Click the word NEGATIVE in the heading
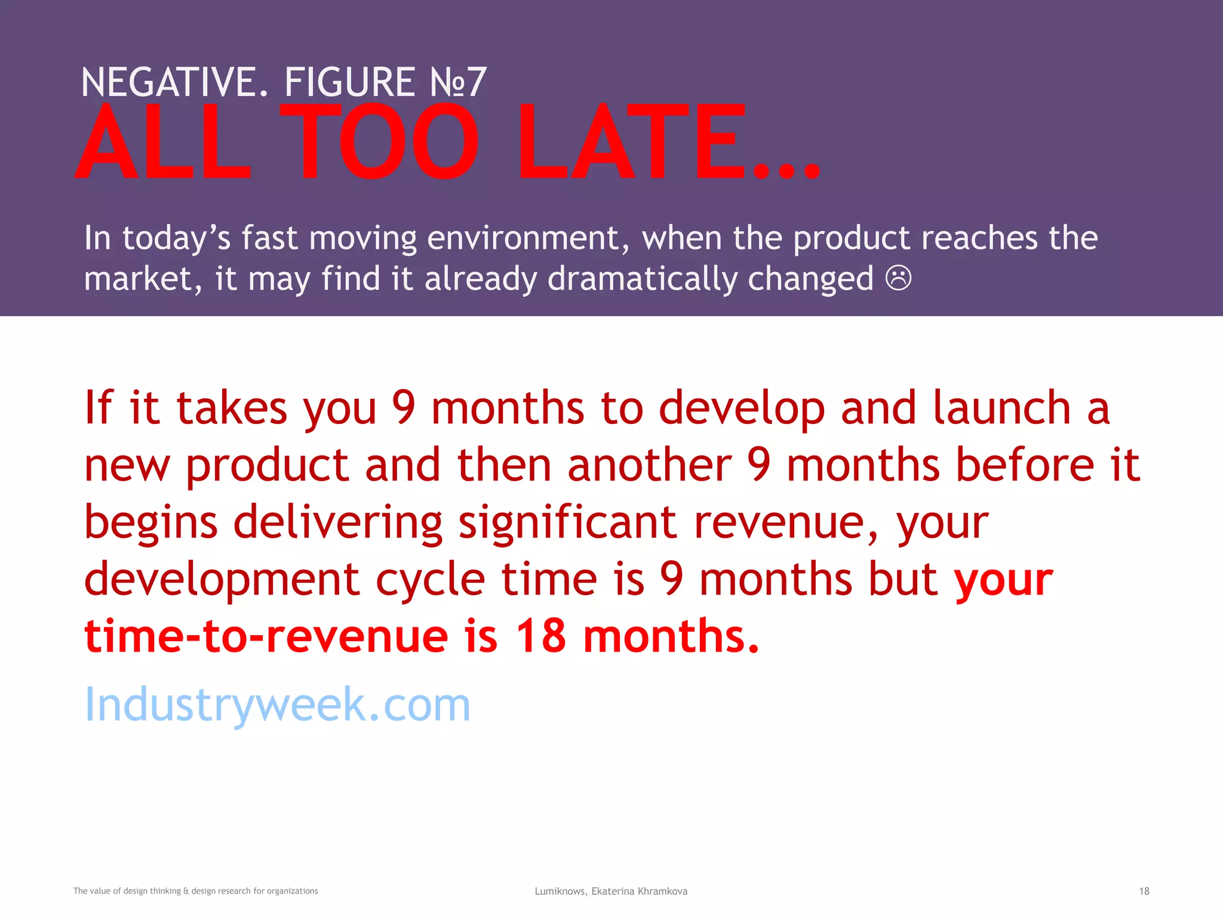pyautogui.click(x=174, y=82)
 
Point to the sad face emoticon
pyautogui.click(x=898, y=278)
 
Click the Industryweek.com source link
pyautogui.click(x=277, y=705)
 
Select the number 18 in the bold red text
pyautogui.click(x=540, y=636)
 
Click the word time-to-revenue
pyautogui.click(x=266, y=636)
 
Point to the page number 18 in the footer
pyautogui.click(x=1144, y=891)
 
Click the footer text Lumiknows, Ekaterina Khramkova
pyautogui.click(x=611, y=891)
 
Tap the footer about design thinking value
pyautogui.click(x=195, y=891)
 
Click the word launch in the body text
pyautogui.click(x=1001, y=408)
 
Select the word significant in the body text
pyautogui.click(x=567, y=522)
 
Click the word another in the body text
pyautogui.click(x=649, y=465)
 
